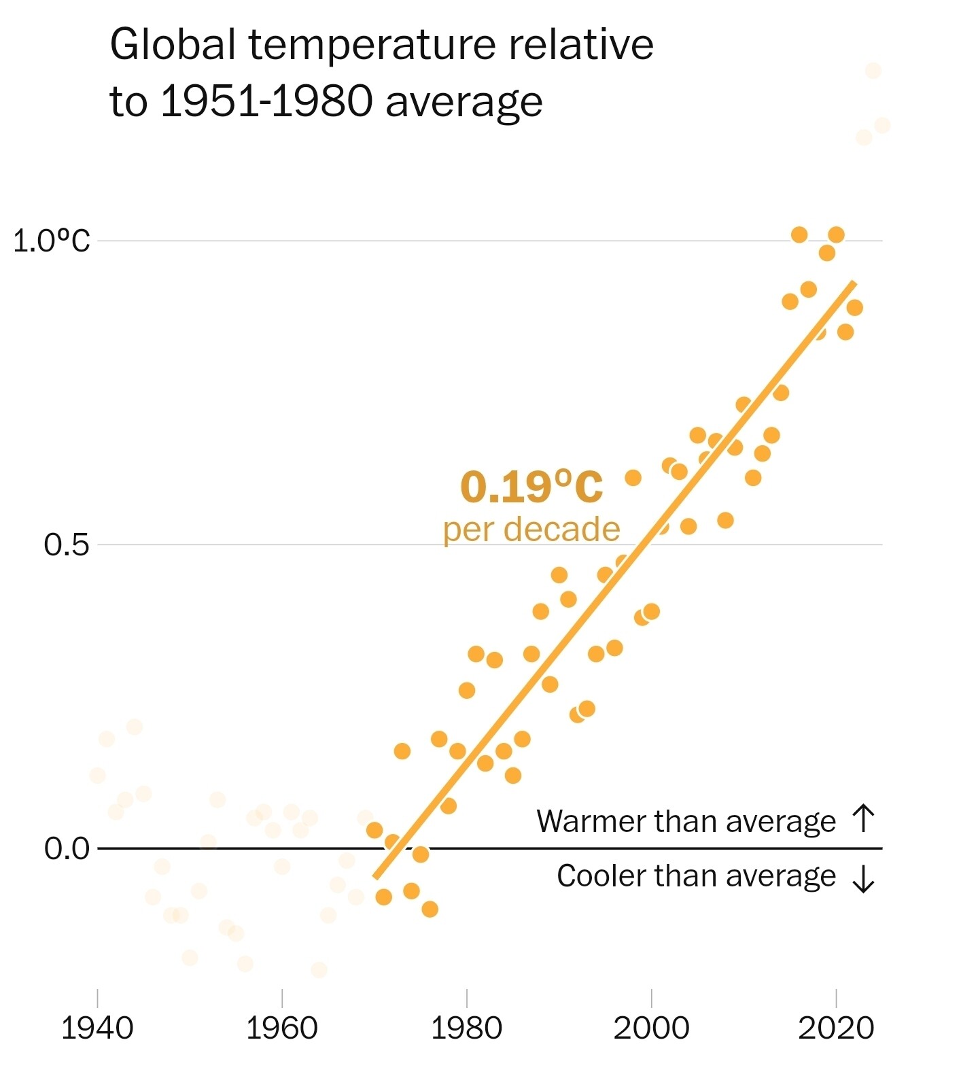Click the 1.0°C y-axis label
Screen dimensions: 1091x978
coord(52,241)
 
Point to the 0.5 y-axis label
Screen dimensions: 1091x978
coord(67,544)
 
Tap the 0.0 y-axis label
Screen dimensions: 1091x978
coord(67,848)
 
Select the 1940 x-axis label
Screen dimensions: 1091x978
coord(97,1028)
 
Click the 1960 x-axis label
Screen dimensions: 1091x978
coord(281,1028)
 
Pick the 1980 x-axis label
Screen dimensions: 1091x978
coord(466,1028)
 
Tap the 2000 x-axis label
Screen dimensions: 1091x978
coord(651,1028)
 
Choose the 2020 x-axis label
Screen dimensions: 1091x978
coord(836,1028)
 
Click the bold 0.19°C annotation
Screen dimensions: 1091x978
coord(531,487)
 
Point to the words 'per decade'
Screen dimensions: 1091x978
coord(531,530)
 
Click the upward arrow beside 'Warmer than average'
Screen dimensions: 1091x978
coord(863,818)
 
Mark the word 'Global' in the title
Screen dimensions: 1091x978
coord(173,45)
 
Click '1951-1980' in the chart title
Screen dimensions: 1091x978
coord(267,102)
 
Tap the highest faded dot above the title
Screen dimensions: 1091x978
coord(873,71)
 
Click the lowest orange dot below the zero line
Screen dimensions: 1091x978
coord(430,909)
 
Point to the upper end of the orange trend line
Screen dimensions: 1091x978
coord(854,283)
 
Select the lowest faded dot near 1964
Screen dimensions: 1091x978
coord(319,969)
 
